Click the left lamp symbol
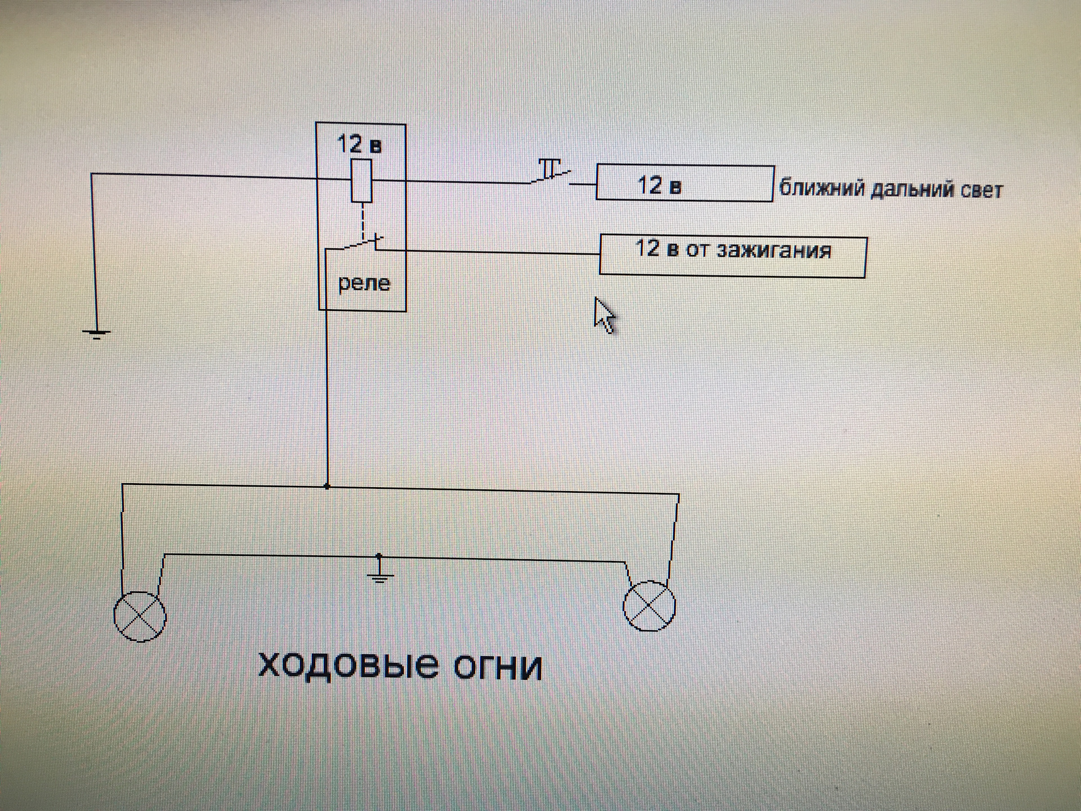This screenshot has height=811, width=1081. click(140, 616)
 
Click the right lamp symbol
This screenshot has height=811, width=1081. click(649, 605)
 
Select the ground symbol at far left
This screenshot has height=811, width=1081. click(96, 333)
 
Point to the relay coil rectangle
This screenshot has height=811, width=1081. click(361, 181)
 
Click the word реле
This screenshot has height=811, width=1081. click(364, 283)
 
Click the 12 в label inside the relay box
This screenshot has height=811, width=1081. click(359, 144)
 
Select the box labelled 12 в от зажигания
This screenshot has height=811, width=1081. click(732, 256)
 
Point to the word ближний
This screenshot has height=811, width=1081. click(821, 189)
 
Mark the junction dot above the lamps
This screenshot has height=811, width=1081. click(327, 486)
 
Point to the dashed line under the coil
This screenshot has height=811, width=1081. click(363, 221)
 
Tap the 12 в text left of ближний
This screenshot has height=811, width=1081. click(659, 185)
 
